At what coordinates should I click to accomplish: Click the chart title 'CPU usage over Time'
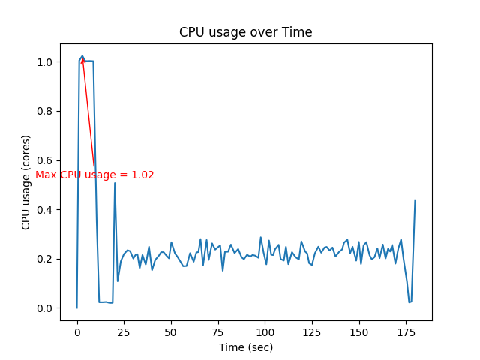coord(245,32)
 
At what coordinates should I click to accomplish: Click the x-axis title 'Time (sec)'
coord(245,347)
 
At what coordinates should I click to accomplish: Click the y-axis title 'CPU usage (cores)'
coord(26,182)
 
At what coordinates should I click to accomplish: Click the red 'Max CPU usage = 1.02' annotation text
coord(94,175)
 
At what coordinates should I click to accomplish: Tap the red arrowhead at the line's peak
coord(82,59)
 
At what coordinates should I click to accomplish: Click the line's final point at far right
coord(415,201)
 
